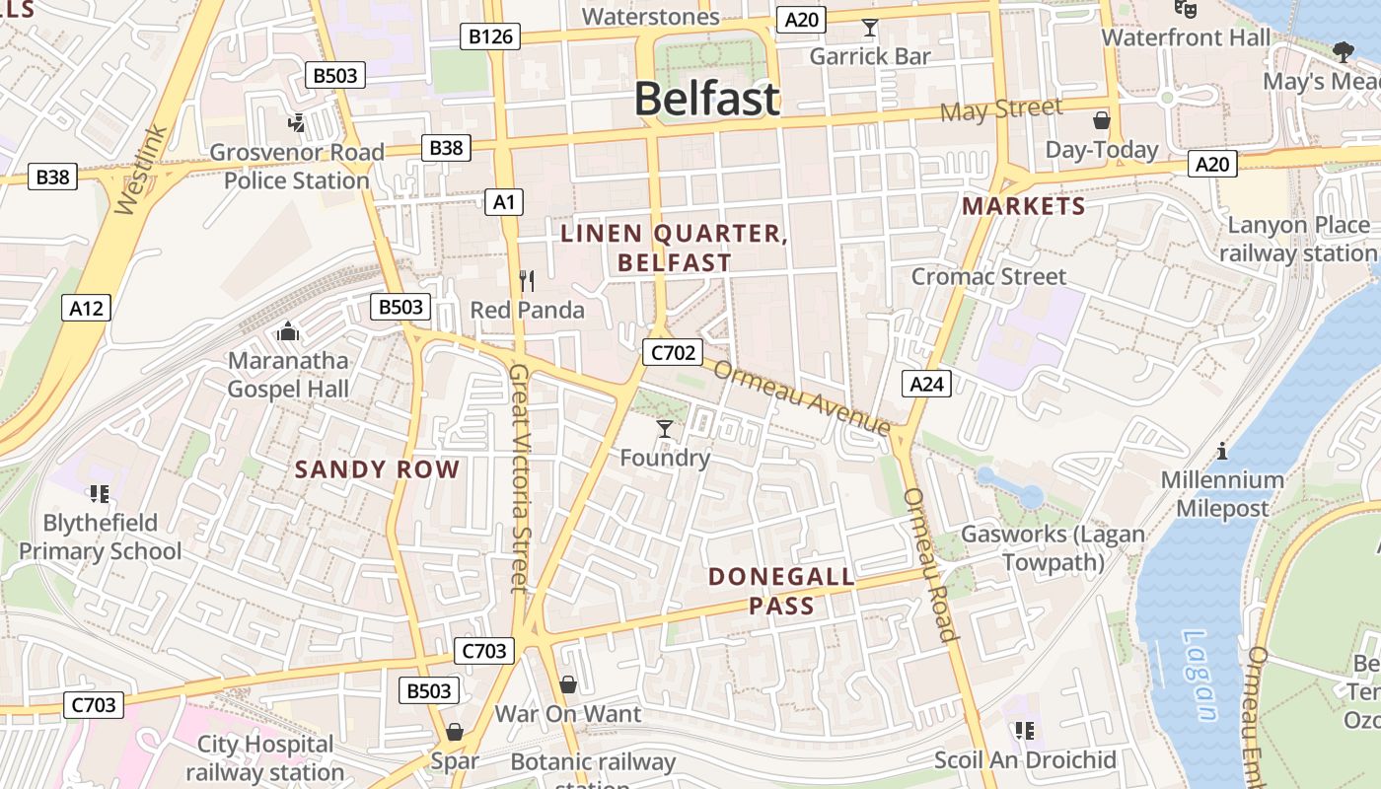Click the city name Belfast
tap(706, 100)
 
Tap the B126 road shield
tap(490, 37)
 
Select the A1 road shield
tap(504, 202)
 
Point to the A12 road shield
tap(86, 308)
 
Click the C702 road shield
tap(672, 352)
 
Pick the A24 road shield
tap(926, 384)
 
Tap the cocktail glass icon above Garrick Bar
tap(869, 28)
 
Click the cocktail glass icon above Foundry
tap(665, 429)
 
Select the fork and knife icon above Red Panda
tap(527, 282)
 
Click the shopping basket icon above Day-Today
tap(1101, 121)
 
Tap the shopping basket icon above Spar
tap(454, 732)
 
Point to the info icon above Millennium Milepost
tap(1222, 452)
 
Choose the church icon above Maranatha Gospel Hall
tap(288, 332)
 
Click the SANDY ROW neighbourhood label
tap(377, 469)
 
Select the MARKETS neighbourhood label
tap(1023, 206)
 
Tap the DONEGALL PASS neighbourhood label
tap(781, 591)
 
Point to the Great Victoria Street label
tap(520, 478)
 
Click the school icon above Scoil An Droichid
tap(1025, 731)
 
